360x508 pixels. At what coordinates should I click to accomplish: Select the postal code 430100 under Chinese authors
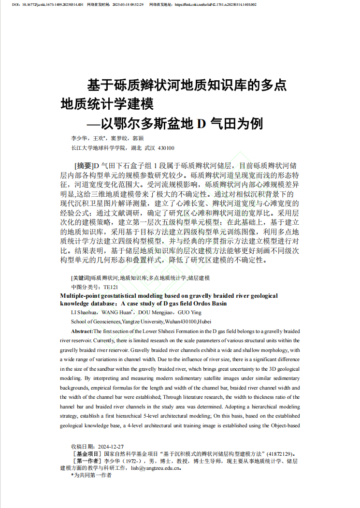point(166,148)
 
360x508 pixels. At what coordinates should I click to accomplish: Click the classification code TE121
point(111,287)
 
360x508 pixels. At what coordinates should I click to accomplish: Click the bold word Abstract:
point(82,331)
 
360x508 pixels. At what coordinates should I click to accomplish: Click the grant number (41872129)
point(280,454)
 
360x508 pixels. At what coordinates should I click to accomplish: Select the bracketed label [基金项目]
point(87,454)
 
